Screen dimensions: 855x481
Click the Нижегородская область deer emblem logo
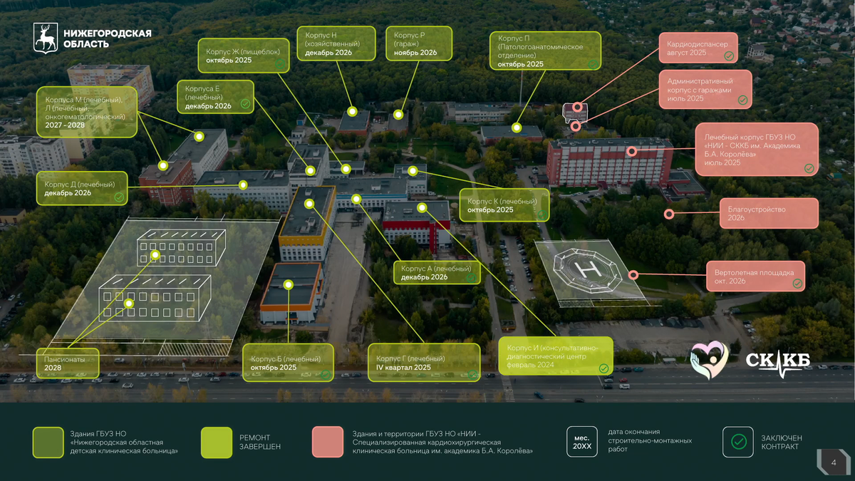[46, 38]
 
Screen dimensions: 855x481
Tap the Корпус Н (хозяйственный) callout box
[336, 43]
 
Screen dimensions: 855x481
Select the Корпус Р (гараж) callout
[418, 43]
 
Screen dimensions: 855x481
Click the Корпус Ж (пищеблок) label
[245, 56]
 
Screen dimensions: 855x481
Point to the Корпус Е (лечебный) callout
[215, 97]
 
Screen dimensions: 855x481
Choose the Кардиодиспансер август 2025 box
[698, 48]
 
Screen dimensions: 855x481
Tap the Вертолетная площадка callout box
[756, 276]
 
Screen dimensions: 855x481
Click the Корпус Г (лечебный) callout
[415, 363]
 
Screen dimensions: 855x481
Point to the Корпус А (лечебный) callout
[437, 272]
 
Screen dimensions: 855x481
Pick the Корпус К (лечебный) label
[504, 205]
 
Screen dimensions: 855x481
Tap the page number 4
[834, 464]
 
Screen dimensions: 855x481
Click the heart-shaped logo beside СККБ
[708, 359]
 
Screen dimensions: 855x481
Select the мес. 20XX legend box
[581, 442]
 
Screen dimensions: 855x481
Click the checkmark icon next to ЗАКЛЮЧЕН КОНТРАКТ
[738, 442]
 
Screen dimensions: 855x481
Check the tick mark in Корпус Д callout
[119, 197]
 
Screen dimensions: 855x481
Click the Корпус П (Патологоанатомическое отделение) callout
[544, 51]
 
